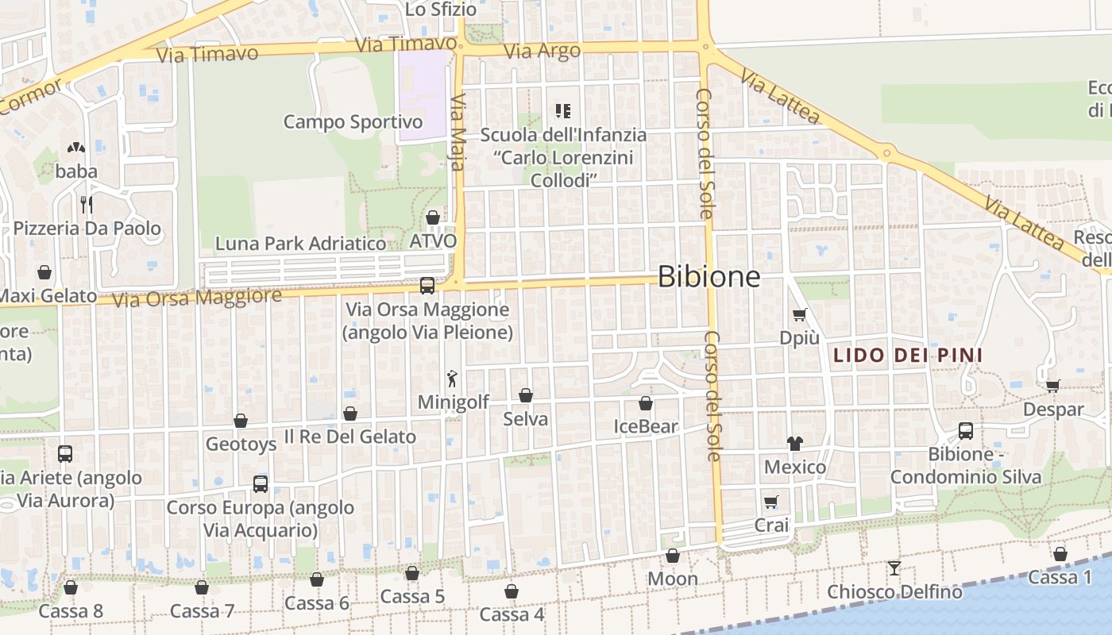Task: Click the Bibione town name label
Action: [x=709, y=277]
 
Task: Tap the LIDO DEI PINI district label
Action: [x=907, y=356]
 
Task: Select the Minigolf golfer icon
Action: [x=453, y=379]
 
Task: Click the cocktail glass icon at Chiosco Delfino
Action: [x=894, y=568]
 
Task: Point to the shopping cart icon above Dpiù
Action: [x=799, y=314]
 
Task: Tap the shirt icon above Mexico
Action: [x=795, y=443]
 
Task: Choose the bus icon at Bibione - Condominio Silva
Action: [x=966, y=431]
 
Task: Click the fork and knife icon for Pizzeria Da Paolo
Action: [x=87, y=205]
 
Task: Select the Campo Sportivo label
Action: [x=353, y=122]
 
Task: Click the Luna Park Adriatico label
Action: [x=300, y=244]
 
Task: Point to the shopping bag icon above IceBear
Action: [x=646, y=403]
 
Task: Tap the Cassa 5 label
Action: [x=411, y=597]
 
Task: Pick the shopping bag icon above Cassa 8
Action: [x=71, y=587]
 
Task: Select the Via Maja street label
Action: [x=458, y=127]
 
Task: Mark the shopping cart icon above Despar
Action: [x=1053, y=386]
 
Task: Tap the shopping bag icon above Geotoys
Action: [x=241, y=421]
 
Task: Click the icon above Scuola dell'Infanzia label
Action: [x=563, y=111]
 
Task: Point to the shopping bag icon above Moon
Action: [x=673, y=556]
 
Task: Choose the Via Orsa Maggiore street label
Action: [x=196, y=298]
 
